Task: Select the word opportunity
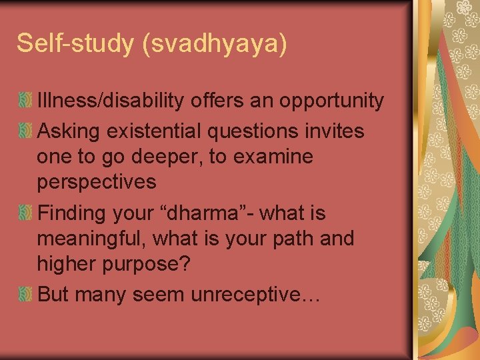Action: coord(331,101)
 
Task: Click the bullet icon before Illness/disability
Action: coord(25,101)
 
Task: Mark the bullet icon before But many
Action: coord(25,294)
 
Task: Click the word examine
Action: coord(275,157)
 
